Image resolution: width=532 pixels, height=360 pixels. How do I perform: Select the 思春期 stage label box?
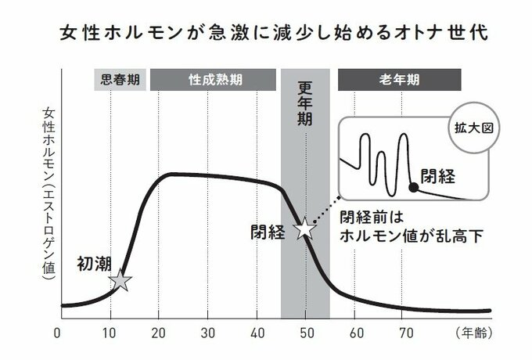120,81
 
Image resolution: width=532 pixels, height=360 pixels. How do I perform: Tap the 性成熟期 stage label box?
214,81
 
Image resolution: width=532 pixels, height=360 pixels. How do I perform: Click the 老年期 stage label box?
399,81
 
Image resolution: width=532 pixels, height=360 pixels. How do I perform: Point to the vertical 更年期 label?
305,114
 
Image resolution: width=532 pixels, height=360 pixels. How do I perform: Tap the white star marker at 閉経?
304,229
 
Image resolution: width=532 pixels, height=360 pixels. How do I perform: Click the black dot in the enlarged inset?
413,185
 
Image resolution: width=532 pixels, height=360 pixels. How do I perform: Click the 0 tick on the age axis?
58,332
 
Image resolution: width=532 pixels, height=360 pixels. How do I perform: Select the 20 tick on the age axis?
158,332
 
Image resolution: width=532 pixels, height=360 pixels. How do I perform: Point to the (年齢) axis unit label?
472,332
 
